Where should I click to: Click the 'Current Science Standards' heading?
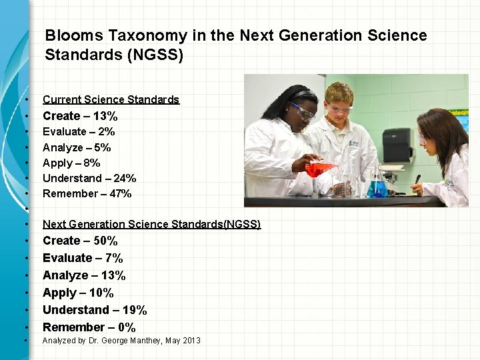[x=111, y=99]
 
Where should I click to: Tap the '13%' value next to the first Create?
[x=105, y=116]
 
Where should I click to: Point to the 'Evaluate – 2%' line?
[x=79, y=132]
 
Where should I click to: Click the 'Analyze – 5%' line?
[x=77, y=147]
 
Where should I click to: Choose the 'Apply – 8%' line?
[x=71, y=163]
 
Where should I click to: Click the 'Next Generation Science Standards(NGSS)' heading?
[x=151, y=224]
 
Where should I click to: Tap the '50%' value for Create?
[x=104, y=241]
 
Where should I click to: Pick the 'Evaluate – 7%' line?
[x=83, y=258]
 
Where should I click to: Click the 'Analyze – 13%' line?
[x=84, y=275]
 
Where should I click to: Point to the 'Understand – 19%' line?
[x=95, y=310]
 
